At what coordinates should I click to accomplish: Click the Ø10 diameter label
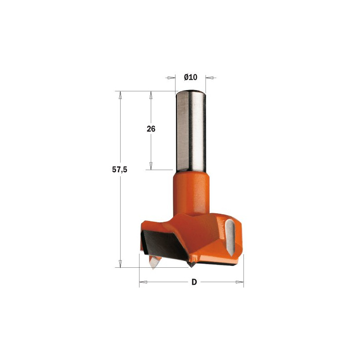pos(191,77)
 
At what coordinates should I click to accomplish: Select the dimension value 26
pos(151,129)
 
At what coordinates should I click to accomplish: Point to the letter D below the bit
pos(194,282)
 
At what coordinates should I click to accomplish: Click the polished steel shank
pos(191,130)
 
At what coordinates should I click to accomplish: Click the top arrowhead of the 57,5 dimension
pos(120,95)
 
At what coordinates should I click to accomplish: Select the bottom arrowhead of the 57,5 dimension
pos(120,263)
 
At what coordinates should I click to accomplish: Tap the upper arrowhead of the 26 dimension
pos(151,95)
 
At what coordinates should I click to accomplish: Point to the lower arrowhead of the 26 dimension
pos(151,166)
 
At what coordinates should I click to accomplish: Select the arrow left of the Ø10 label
pos(171,77)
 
